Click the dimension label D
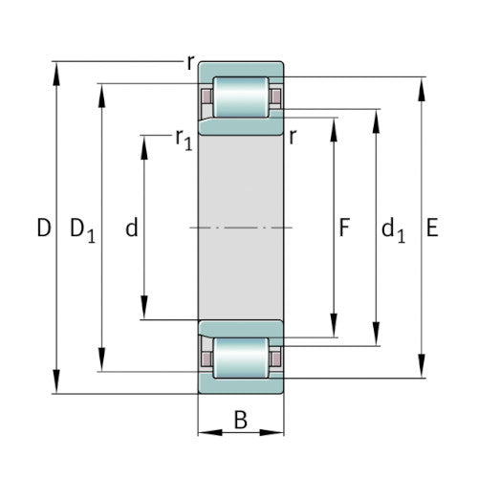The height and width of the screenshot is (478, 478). point(42,228)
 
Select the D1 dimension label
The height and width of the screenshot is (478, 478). point(83,229)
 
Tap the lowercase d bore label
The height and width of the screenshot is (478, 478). point(132,228)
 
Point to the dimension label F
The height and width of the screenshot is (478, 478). point(344,228)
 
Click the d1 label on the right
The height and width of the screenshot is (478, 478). point(392,229)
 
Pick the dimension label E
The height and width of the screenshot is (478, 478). point(432,228)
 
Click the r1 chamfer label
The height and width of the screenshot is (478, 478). point(183,139)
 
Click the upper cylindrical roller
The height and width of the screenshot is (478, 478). point(240,98)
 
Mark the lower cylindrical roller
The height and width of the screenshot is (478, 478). point(240,358)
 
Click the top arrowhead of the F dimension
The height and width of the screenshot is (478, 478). point(335,126)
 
